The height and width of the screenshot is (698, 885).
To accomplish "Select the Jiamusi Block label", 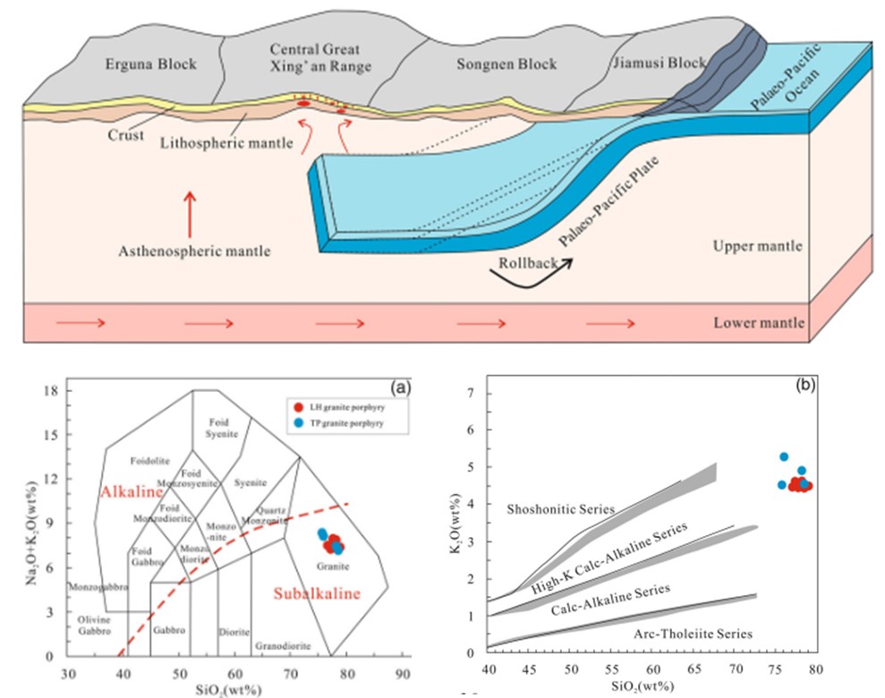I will click(659, 64).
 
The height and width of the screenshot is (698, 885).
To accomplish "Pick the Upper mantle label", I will click(757, 246).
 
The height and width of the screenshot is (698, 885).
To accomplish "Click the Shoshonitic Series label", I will click(561, 509).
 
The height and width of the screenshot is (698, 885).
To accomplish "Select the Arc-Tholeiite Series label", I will click(708, 634).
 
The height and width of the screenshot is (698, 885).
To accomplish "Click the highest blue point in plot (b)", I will click(783, 456).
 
